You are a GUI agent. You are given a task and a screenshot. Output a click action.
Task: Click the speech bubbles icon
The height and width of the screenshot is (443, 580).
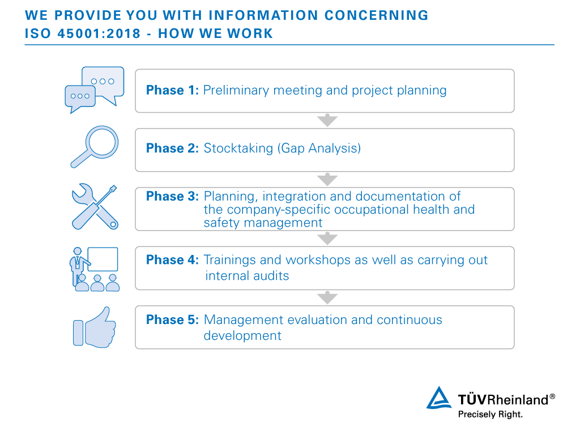tap(95, 90)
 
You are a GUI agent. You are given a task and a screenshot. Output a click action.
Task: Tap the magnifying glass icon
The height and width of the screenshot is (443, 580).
tap(95, 147)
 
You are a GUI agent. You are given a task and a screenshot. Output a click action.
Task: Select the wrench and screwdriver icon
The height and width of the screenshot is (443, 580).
tap(95, 207)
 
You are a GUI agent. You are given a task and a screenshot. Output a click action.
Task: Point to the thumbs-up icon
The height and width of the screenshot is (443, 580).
tap(95, 327)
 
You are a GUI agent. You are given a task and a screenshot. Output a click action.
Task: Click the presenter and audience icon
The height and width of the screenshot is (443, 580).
tap(95, 269)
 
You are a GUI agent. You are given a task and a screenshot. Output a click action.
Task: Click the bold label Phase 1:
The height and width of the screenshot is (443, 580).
tap(172, 90)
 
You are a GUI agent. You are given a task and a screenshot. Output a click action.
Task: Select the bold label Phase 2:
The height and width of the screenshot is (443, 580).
tap(172, 148)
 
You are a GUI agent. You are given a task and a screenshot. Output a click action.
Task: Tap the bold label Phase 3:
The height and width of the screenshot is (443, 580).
tap(172, 196)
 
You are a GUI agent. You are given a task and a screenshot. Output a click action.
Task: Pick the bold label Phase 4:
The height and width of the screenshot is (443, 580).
tap(172, 260)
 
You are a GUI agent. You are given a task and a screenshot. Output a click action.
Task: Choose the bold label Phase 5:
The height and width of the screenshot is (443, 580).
tap(172, 320)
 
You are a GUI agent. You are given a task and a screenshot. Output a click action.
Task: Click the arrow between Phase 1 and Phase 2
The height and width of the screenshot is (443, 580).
tap(327, 120)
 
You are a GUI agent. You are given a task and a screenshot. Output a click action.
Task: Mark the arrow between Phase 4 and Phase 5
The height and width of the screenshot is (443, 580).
tap(327, 297)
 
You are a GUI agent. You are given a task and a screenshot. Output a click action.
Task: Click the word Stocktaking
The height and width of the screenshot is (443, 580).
tap(238, 148)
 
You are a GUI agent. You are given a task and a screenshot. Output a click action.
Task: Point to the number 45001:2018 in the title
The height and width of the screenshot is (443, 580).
tap(99, 33)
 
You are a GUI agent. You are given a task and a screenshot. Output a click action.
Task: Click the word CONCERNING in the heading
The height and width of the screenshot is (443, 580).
tap(377, 15)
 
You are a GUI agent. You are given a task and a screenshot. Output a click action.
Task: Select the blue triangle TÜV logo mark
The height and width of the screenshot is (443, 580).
tap(439, 398)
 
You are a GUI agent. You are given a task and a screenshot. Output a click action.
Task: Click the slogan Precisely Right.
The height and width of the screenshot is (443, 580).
tap(491, 415)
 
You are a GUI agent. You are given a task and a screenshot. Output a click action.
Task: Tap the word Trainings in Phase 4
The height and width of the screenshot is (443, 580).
tap(230, 260)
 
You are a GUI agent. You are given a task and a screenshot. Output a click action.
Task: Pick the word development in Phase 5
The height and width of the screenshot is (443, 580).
tap(242, 336)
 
